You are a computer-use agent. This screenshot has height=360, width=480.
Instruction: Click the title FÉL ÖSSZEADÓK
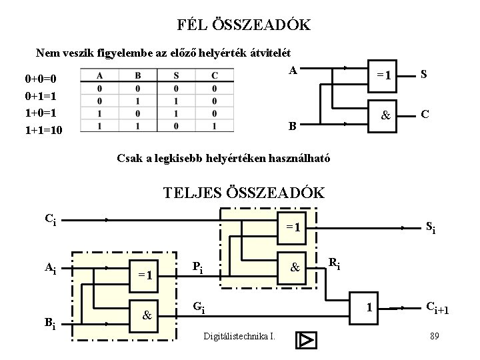point(244,25)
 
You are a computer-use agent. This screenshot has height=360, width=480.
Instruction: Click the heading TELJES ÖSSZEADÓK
point(244,193)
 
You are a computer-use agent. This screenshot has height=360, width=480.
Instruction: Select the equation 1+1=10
point(43,130)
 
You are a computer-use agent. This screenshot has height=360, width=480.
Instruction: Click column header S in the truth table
point(176,75)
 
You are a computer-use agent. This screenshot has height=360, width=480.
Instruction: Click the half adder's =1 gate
point(384,75)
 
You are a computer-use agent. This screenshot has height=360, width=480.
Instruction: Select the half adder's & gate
point(384,114)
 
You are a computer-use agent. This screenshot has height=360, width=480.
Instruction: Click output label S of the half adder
point(424,75)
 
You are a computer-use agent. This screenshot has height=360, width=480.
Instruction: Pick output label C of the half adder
point(424,114)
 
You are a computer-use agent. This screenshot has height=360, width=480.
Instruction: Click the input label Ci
point(51,218)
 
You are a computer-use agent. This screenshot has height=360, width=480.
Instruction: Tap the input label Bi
point(51,325)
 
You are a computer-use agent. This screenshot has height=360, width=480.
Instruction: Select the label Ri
point(335,265)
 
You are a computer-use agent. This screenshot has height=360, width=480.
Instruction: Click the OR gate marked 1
point(367,308)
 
